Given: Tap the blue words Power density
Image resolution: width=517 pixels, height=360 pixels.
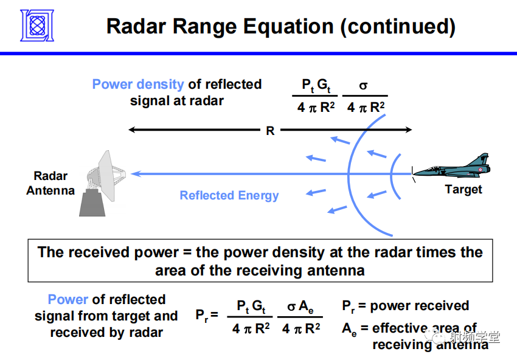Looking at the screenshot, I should point(138,85).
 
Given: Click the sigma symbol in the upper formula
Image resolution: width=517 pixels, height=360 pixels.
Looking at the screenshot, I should point(364,86).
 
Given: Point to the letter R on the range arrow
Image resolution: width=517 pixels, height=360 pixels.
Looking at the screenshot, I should point(270,130).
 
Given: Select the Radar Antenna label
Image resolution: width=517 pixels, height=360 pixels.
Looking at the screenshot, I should point(50,183).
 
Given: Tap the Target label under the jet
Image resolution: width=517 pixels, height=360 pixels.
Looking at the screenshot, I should point(463,190).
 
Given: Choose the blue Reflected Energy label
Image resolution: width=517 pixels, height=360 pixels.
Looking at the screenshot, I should point(229,196).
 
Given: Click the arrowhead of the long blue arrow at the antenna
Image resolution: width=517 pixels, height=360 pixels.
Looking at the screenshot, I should point(136,174).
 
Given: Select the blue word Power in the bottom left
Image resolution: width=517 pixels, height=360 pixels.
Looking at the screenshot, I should point(68,300).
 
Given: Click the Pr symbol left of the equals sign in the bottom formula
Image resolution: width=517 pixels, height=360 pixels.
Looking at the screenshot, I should point(203,315).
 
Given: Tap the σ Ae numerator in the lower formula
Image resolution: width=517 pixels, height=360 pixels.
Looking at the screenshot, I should point(300,307).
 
